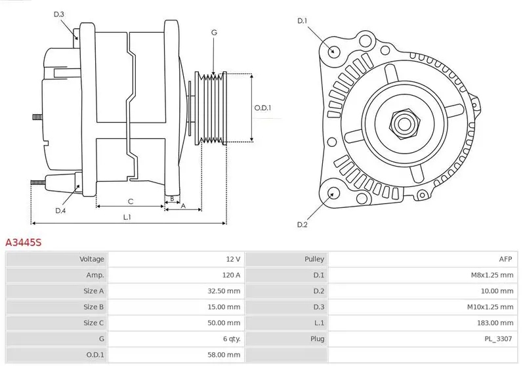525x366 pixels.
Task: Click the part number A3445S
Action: coord(24,243)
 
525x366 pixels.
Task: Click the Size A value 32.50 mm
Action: coord(225,291)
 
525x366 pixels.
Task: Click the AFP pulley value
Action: coord(507,259)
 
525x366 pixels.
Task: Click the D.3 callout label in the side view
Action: coord(59,14)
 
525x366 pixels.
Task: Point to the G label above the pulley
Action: coord(214,33)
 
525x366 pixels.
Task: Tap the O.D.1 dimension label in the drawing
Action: coord(262,108)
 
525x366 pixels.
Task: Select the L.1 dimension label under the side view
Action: coord(128,217)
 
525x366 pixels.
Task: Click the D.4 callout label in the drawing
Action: coord(60,211)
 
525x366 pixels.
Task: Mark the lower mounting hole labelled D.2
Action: coord(333,193)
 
